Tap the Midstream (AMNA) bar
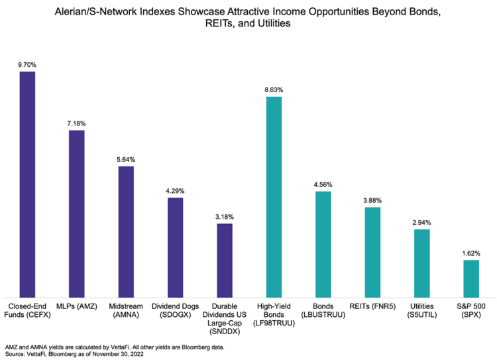click(126, 231)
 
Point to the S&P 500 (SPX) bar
click(471, 278)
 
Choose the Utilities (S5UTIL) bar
click(422, 263)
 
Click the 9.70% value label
click(27, 64)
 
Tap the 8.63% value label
click(274, 90)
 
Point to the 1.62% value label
click(471, 253)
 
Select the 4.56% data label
click(323, 184)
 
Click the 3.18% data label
click(225, 217)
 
